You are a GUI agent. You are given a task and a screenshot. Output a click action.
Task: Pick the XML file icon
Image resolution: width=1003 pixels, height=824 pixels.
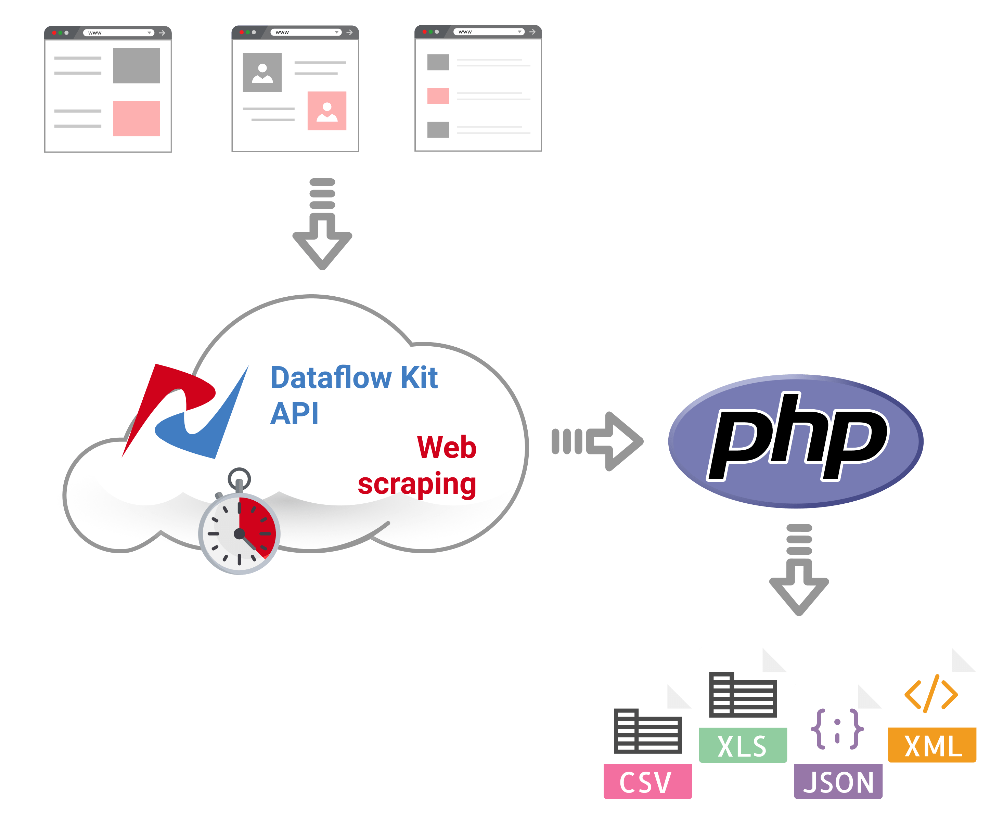(932, 705)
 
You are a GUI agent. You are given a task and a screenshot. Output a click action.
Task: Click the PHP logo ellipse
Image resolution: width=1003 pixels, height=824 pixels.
(796, 441)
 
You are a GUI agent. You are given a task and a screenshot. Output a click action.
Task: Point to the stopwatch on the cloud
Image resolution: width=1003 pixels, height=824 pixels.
(239, 532)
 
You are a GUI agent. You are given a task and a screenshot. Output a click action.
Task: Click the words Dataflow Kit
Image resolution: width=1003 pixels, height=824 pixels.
(353, 378)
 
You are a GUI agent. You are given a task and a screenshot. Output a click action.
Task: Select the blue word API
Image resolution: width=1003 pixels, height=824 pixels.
(294, 414)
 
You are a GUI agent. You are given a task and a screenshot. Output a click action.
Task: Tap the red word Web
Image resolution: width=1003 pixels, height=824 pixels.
(446, 448)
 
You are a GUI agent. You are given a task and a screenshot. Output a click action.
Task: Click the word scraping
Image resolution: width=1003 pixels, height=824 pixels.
(417, 484)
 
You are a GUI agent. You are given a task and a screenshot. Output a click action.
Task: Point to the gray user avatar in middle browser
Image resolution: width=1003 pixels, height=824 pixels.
(262, 72)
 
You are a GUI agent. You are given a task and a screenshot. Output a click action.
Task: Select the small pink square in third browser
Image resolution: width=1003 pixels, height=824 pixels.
(438, 96)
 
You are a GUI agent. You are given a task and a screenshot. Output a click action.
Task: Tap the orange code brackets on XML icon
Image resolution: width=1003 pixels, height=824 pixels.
(931, 694)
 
